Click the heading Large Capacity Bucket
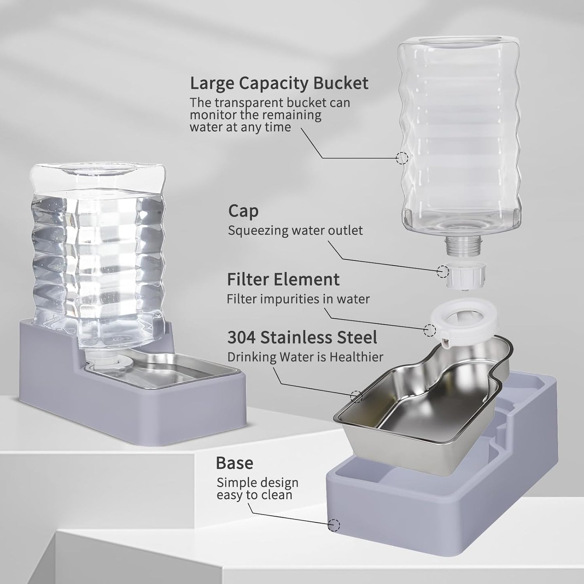tap(279, 83)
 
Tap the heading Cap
tap(243, 211)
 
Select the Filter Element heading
tap(283, 279)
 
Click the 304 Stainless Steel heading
tap(302, 337)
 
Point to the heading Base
tap(234, 463)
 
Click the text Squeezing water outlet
tap(295, 230)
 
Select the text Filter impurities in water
tap(298, 299)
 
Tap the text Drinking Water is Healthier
tap(305, 357)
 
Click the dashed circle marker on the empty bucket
tap(402, 158)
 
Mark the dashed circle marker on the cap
tap(443, 271)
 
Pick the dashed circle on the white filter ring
tap(430, 330)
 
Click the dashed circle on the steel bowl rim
tap(356, 396)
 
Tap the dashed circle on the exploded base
tap(334, 525)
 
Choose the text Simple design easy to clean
tap(257, 488)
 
